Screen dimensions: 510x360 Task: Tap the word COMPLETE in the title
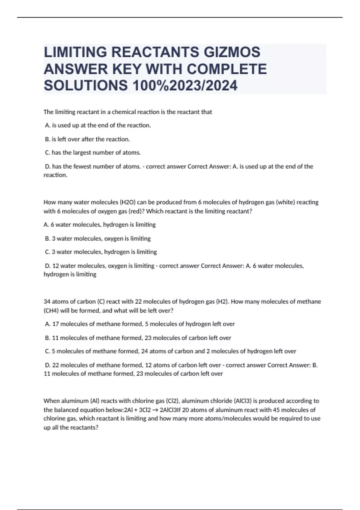(x=227, y=69)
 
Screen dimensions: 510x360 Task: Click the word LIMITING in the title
(x=75, y=52)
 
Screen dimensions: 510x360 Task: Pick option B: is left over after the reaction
(x=87, y=139)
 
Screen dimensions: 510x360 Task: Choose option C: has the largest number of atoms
(x=93, y=153)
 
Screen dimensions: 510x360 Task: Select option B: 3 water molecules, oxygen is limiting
(x=98, y=238)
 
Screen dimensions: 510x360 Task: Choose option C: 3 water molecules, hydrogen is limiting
(x=101, y=252)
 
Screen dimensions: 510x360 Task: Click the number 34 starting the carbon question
(x=47, y=301)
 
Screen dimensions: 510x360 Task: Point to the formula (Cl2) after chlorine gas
(x=172, y=401)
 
